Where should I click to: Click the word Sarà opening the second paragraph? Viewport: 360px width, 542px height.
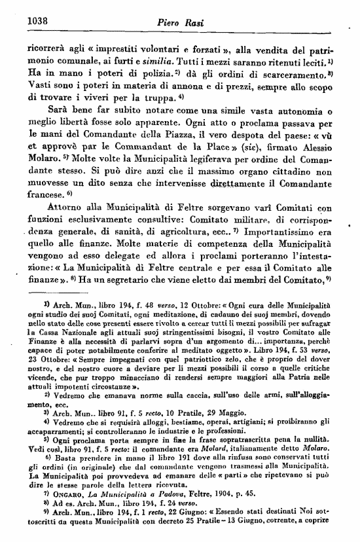(x=54, y=112)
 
